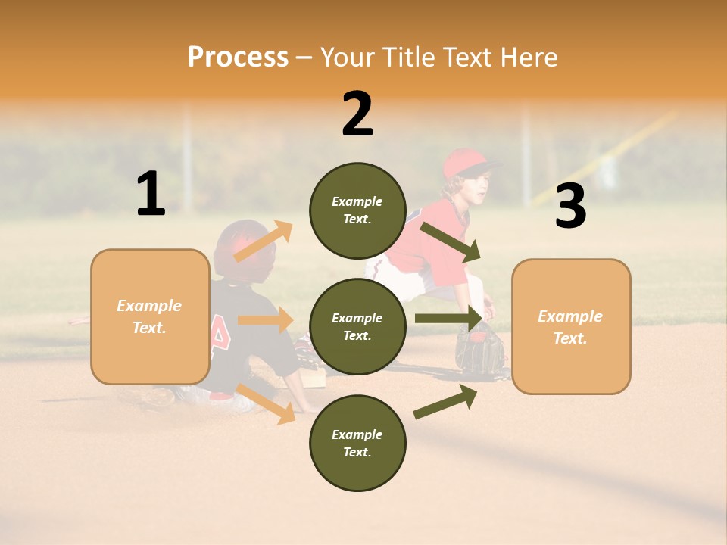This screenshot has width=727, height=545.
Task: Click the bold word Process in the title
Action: pyautogui.click(x=238, y=58)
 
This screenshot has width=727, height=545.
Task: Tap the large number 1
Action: pyautogui.click(x=151, y=195)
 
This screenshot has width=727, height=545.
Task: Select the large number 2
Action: pyautogui.click(x=357, y=114)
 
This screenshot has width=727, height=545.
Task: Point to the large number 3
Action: pyautogui.click(x=570, y=206)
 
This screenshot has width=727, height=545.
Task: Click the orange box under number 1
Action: pyautogui.click(x=150, y=316)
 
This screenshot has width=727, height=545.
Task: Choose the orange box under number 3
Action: pyautogui.click(x=571, y=326)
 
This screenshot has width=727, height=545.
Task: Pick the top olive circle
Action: pyautogui.click(x=357, y=210)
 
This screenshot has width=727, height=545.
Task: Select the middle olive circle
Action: pyautogui.click(x=357, y=326)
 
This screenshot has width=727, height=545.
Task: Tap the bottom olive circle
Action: pyautogui.click(x=357, y=443)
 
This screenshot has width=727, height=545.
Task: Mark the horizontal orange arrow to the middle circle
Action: pyautogui.click(x=265, y=320)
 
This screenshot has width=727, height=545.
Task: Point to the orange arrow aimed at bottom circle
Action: pyautogui.click(x=266, y=403)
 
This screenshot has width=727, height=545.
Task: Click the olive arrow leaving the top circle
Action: pyautogui.click(x=450, y=241)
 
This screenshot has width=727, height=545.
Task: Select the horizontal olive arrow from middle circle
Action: pyautogui.click(x=448, y=319)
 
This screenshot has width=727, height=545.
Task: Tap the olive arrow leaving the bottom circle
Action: pyautogui.click(x=445, y=402)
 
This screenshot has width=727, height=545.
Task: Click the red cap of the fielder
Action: pyautogui.click(x=463, y=163)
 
